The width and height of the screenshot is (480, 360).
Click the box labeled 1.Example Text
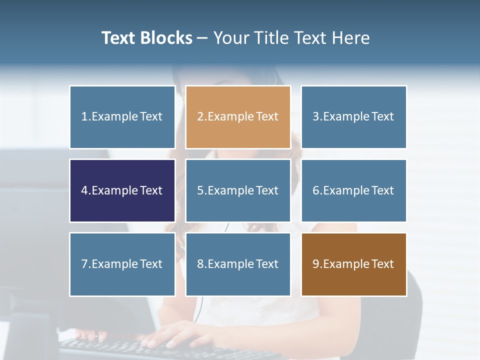point(122,117)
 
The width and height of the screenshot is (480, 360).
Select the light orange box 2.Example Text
point(238,117)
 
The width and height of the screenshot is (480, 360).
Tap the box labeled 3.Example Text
point(353,117)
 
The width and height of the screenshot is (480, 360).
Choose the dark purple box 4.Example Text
point(122,190)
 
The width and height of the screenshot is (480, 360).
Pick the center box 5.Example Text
point(238,190)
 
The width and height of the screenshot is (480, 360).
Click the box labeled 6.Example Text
point(353,190)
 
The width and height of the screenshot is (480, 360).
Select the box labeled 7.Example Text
point(122,264)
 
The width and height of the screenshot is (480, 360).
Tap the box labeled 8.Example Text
point(238,264)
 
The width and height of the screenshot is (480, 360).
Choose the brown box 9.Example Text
point(353,264)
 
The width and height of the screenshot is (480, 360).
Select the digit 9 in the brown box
point(315,264)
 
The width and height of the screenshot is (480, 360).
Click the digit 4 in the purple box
point(84,190)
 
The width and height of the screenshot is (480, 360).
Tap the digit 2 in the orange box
point(200,117)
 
